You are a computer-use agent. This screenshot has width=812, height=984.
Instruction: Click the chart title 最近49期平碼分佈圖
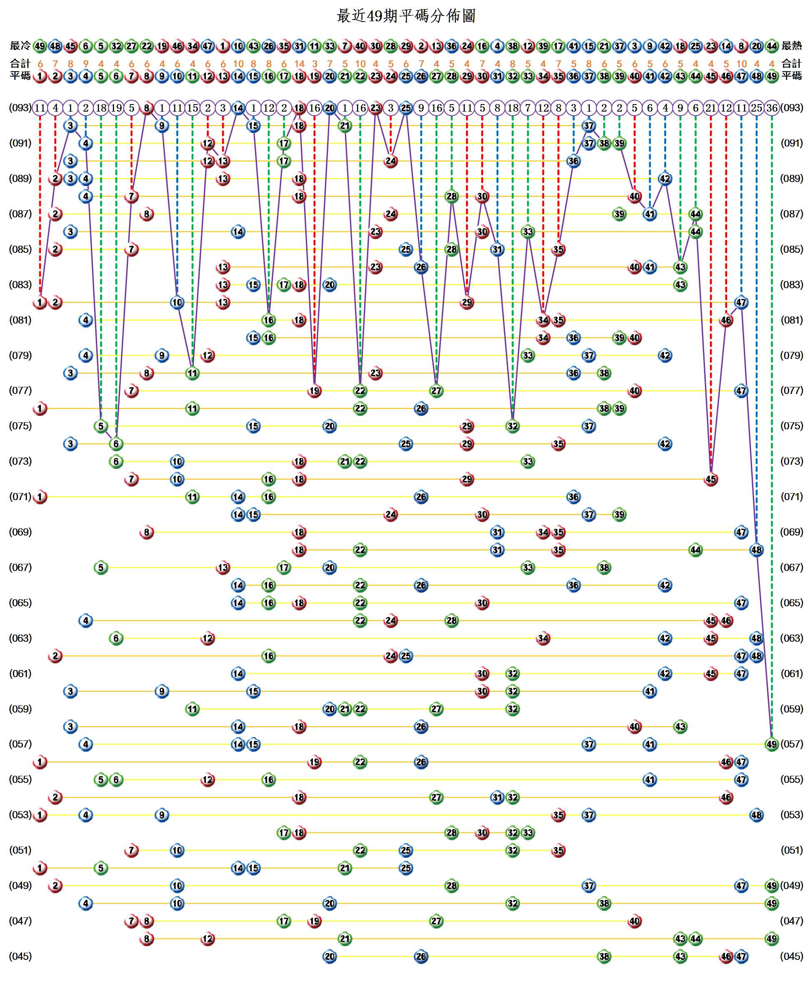click(406, 16)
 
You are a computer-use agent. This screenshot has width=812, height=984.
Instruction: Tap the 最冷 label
click(20, 46)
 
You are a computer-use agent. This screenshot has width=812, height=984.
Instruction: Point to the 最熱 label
click(792, 46)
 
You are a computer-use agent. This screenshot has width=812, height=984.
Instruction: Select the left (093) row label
click(20, 108)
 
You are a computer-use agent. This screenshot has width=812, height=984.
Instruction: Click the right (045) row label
click(792, 957)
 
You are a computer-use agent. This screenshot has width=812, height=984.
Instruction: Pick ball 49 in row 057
click(771, 744)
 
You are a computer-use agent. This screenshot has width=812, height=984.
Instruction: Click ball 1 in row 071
click(40, 497)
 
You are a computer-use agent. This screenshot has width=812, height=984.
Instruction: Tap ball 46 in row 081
click(726, 320)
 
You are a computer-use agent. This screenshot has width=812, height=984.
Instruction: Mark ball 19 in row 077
click(314, 391)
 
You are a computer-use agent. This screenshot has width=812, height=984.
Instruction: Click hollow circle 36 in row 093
click(771, 108)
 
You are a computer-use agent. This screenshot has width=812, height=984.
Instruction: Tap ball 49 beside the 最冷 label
click(40, 46)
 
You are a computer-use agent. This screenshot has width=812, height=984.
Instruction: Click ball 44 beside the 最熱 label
click(771, 46)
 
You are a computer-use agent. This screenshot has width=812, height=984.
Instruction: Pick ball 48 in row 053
click(756, 815)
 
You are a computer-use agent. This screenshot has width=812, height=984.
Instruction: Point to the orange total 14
click(300, 64)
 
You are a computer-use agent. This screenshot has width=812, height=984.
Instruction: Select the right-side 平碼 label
click(792, 76)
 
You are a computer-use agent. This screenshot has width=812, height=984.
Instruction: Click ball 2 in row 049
click(55, 886)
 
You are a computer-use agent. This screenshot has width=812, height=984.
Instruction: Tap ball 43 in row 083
click(680, 285)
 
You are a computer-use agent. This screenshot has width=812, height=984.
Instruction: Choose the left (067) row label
click(20, 568)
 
